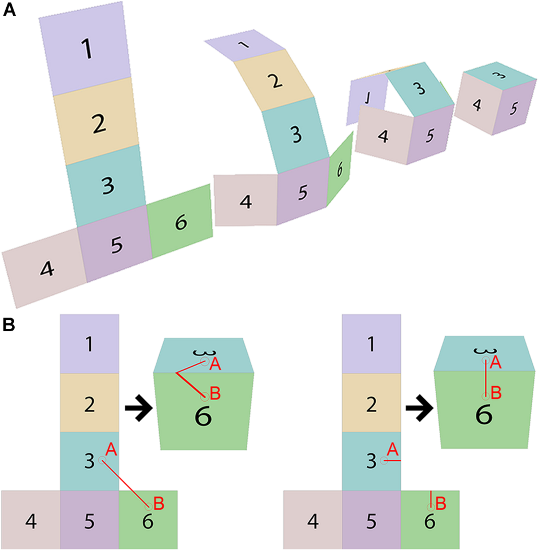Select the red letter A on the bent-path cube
215,365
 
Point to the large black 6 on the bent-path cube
203,417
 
